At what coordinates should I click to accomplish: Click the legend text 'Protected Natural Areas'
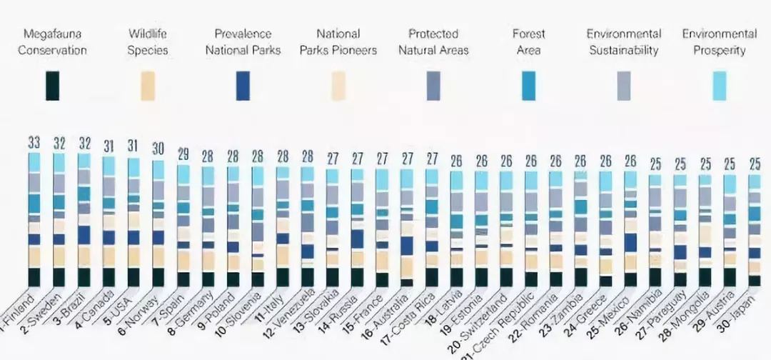433,42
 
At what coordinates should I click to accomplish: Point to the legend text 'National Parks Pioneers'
338,42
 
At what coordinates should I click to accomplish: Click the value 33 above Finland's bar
34,142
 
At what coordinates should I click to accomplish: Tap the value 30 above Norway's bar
158,149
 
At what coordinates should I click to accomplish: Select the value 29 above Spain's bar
183,154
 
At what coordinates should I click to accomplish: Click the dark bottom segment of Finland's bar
34,276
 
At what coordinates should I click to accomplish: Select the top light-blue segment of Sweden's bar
59,162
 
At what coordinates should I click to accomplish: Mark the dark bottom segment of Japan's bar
755,280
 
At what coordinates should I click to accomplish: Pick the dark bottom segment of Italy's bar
282,276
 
